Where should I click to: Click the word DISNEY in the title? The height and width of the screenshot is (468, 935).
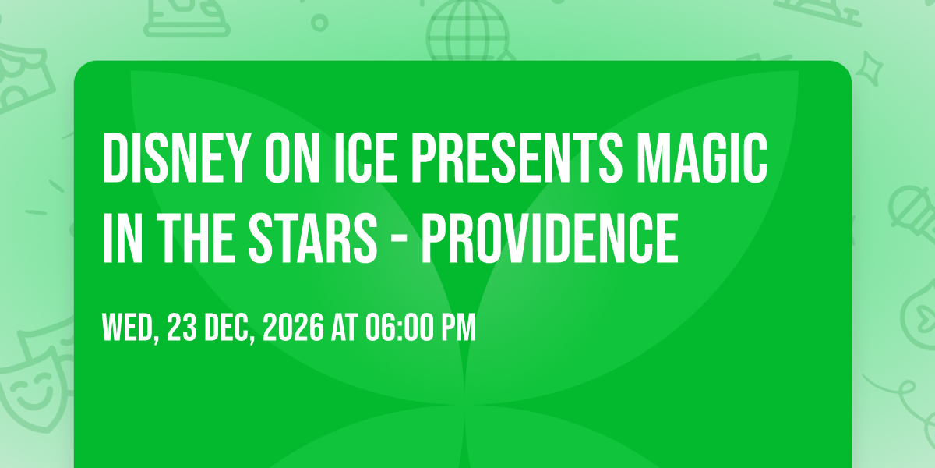pos(173,158)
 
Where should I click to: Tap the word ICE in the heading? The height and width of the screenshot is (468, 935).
pos(365,158)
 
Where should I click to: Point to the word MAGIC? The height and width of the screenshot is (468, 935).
pos(702,158)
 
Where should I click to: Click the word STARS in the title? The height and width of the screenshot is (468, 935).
pos(312,238)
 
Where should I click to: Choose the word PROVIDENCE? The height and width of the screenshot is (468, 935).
pos(550,238)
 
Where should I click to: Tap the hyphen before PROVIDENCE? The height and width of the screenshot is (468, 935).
pos(400,241)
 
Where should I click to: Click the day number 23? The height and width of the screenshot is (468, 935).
pos(182,328)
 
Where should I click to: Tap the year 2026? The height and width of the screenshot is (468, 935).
pos(293,328)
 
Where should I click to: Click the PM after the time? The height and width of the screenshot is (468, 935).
pos(459,328)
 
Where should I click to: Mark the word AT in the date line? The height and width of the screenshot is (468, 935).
pos(344,328)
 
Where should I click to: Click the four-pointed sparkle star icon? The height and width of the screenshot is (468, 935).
pos(870,69)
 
